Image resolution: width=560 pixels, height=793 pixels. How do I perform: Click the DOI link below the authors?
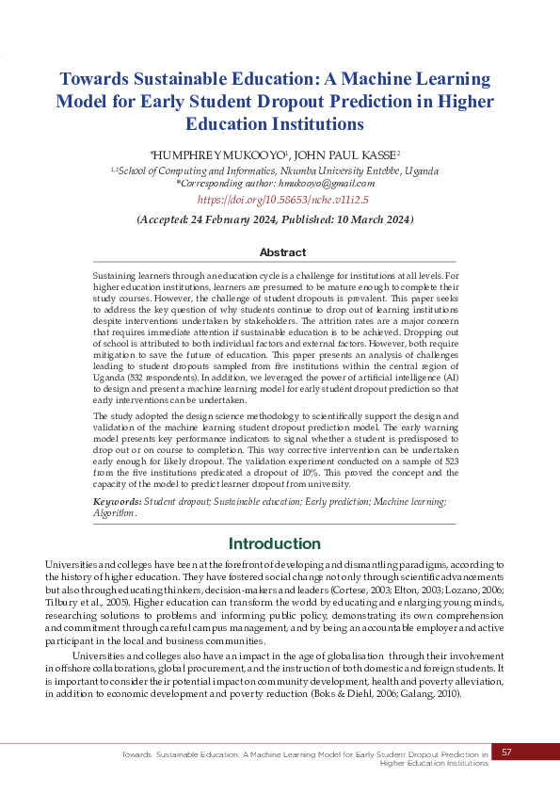point(282,200)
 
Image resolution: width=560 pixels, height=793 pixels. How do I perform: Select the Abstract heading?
point(282,252)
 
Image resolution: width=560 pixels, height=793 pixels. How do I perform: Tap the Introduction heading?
point(275,543)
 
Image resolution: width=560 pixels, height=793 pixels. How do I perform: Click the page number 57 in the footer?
point(506,752)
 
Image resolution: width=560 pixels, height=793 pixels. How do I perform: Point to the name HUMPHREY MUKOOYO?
point(218,154)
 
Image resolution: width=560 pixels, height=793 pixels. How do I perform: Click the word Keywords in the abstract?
point(117,502)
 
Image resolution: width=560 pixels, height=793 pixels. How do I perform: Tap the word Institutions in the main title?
point(313,123)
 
